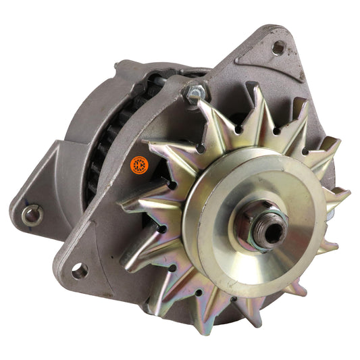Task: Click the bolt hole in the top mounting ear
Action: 278,47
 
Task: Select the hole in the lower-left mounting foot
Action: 79,272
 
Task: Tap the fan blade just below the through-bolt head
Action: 203,125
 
